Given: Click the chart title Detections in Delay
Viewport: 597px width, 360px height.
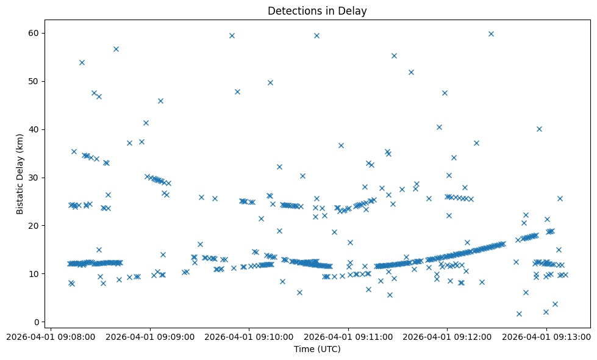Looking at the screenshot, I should (x=317, y=11).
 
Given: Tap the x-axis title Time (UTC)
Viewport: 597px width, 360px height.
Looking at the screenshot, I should (x=317, y=349).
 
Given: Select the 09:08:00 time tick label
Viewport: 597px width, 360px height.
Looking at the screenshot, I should (x=51, y=336).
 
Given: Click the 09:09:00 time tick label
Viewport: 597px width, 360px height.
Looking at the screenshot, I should (x=150, y=336).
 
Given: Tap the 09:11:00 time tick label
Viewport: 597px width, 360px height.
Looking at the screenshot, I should (x=348, y=336).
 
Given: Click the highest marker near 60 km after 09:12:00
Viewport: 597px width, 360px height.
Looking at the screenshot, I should (x=491, y=34).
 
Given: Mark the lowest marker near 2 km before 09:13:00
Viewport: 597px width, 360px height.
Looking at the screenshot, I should (x=519, y=314).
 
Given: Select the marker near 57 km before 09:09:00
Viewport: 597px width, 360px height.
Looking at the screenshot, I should (x=116, y=49).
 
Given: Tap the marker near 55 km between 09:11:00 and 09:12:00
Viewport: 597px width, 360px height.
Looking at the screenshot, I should (x=394, y=56).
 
